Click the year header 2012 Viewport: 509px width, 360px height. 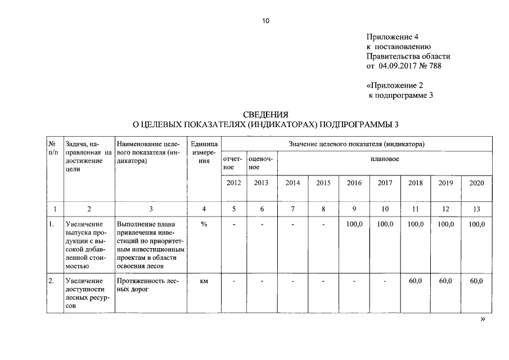(233, 183)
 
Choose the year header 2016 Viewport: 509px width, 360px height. (354, 183)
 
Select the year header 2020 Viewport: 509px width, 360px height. (476, 183)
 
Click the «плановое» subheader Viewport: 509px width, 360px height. (385, 159)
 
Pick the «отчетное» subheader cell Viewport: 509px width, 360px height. (233, 163)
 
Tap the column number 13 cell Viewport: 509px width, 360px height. (476, 209)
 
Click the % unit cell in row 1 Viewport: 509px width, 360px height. (204, 224)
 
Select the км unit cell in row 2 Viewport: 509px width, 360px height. (204, 281)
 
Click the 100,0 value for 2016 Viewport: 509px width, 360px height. (354, 224)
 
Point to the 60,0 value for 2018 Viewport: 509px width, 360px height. (416, 281)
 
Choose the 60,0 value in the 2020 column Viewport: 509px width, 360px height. (476, 281)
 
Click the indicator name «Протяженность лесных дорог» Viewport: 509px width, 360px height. (148, 285)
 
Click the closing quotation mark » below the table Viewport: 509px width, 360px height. (481, 318)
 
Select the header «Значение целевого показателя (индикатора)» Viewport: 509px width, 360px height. (357, 144)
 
